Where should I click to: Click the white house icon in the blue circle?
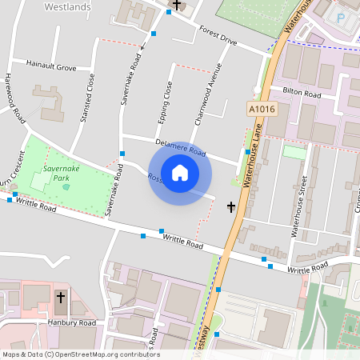(180, 172)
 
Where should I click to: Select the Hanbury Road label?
(70, 323)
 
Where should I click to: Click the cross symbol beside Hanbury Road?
(61, 299)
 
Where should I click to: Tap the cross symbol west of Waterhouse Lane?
(231, 207)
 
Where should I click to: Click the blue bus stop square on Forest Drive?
(153, 34)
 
